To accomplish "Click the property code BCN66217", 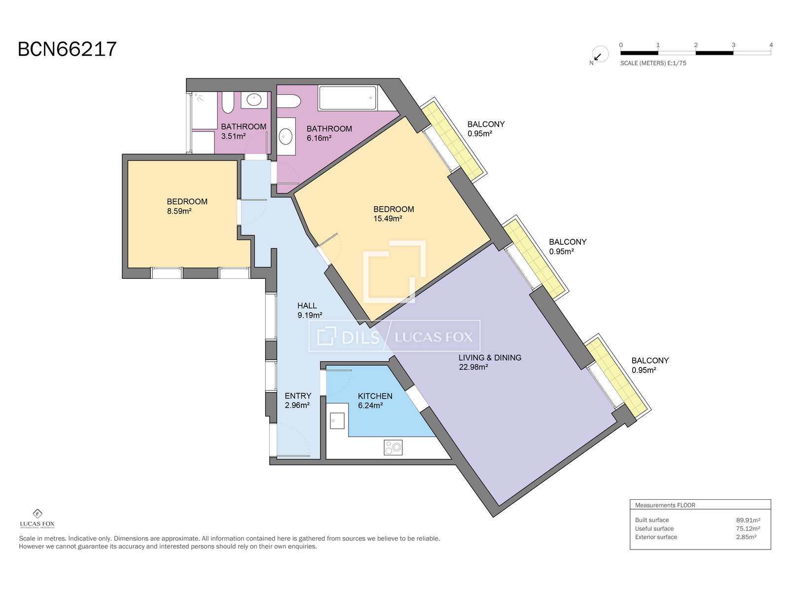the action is tap(67, 49).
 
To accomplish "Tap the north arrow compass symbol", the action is tap(600, 55).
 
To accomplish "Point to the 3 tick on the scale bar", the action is tap(733, 45).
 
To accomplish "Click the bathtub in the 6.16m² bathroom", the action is tap(348, 97).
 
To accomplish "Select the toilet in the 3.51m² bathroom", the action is tap(228, 102).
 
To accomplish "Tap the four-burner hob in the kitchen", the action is tap(393, 447).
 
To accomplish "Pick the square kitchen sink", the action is tap(337, 421).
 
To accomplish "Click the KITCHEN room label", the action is tap(375, 396).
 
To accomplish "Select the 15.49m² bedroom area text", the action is tap(388, 219).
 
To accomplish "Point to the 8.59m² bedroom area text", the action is tap(179, 211).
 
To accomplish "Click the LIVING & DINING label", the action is tap(490, 358).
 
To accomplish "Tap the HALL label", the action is tap(307, 305).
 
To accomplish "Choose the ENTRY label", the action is tap(298, 396).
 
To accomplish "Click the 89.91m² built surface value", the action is tap(748, 520).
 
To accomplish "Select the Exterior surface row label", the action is tap(656, 537).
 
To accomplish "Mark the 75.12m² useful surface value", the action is tap(748, 529).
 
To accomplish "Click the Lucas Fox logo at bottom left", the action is tap(37, 518).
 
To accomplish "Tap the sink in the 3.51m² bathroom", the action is tap(254, 100).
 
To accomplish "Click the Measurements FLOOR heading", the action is tap(665, 505).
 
